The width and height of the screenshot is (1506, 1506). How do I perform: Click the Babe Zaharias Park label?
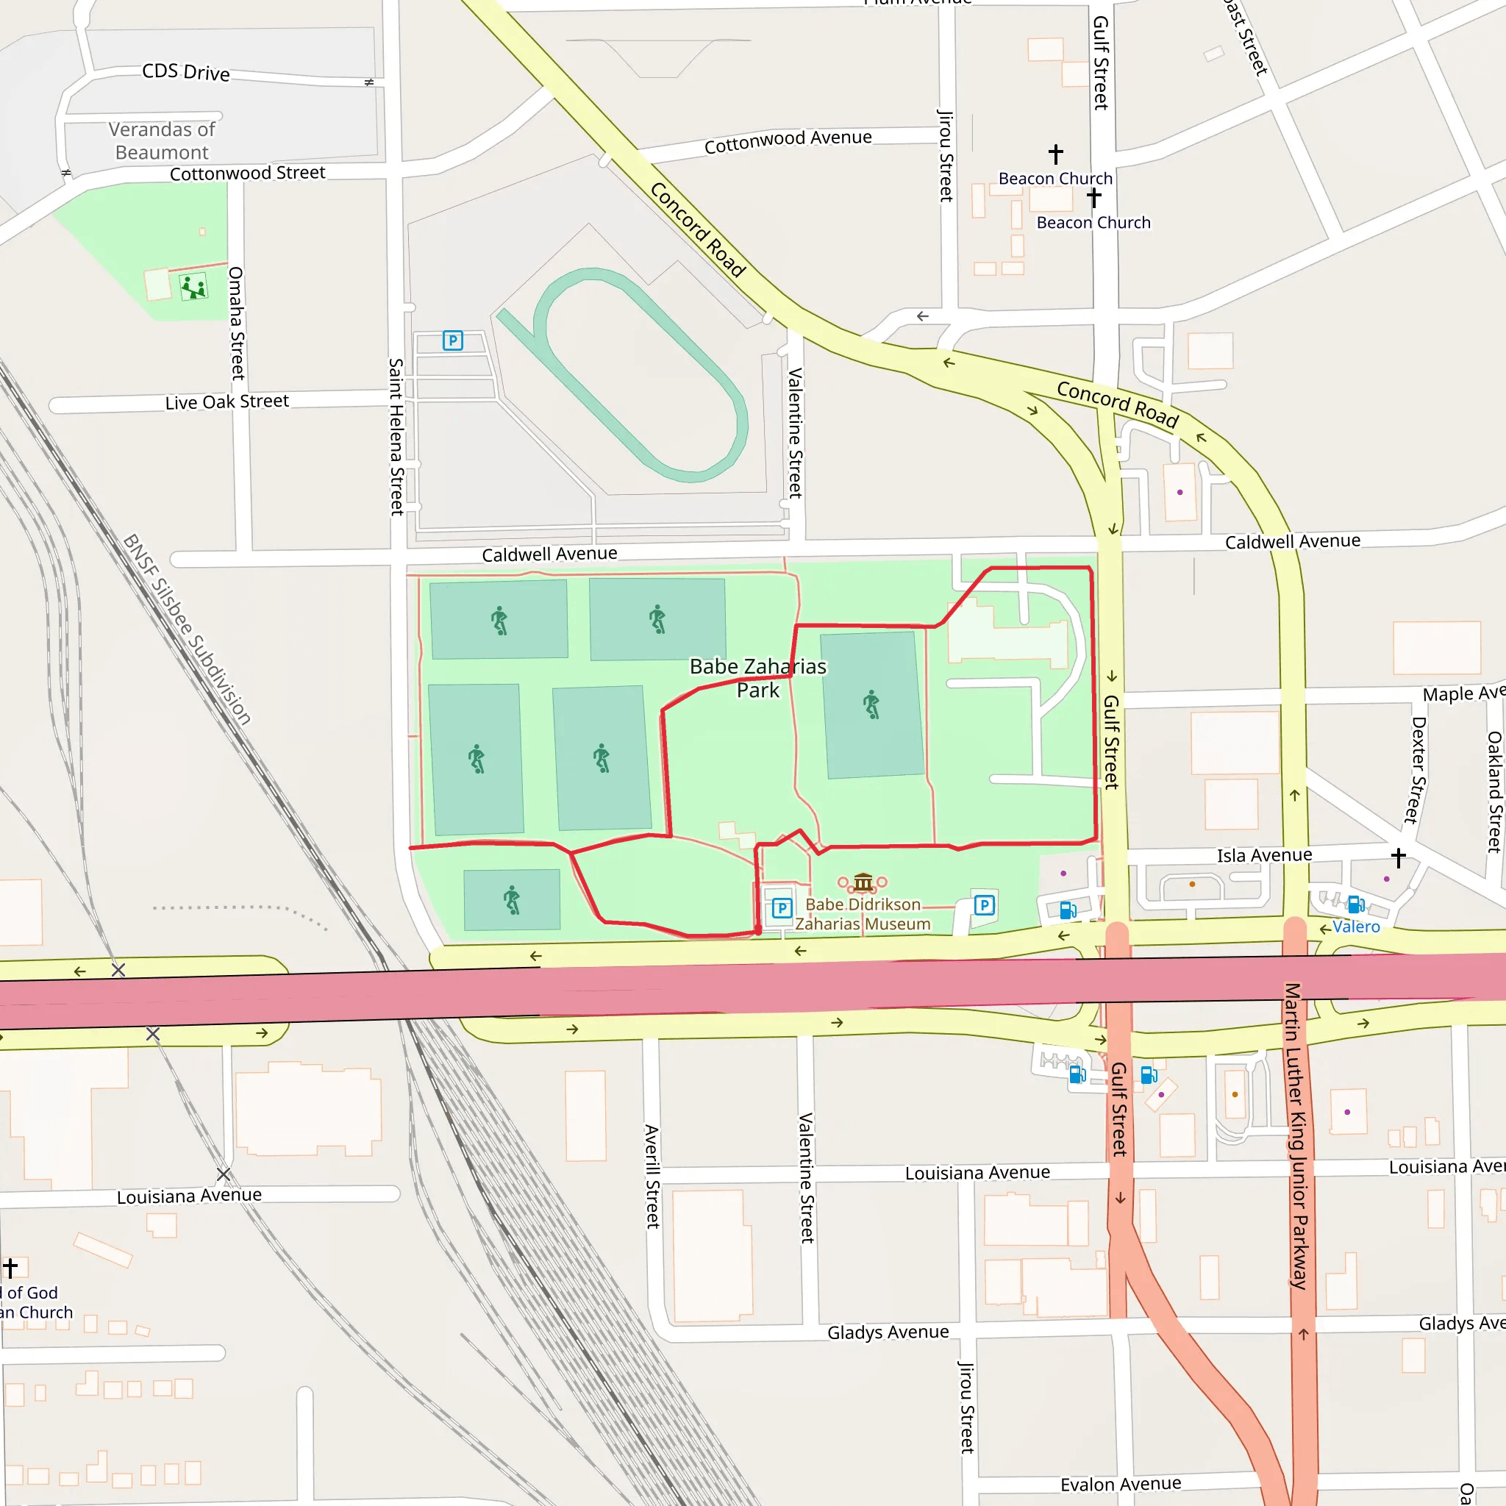(x=757, y=677)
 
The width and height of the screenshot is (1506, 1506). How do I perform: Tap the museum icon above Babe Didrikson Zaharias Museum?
(x=863, y=882)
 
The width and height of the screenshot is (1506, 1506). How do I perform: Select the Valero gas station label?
(x=1356, y=926)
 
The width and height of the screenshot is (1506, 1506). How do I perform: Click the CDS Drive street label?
(x=185, y=72)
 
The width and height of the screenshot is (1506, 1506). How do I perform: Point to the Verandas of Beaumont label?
(x=161, y=140)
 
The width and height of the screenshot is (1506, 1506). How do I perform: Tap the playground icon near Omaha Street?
(x=193, y=288)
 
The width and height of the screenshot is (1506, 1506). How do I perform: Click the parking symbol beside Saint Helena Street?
(x=453, y=340)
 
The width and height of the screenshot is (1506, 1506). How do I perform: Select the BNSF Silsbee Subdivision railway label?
(x=187, y=629)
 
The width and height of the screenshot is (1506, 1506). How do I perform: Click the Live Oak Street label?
(x=226, y=402)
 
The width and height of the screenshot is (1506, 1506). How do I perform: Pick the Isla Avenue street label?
(x=1264, y=855)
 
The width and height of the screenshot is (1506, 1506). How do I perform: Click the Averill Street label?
(x=652, y=1177)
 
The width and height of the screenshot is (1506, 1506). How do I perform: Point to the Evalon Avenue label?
(x=1120, y=1483)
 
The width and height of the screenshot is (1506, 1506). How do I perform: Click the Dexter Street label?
(x=1416, y=770)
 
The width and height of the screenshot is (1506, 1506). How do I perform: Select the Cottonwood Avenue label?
(x=788, y=141)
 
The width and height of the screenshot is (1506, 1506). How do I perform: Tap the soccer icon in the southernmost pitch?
(x=511, y=899)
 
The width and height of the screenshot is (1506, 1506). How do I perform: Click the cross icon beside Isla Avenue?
(x=1399, y=857)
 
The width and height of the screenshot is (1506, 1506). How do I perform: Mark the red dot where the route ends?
(x=757, y=931)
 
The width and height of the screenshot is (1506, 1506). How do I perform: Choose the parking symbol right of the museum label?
(x=985, y=905)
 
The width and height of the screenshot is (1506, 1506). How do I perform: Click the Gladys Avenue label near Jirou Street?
(x=888, y=1332)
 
